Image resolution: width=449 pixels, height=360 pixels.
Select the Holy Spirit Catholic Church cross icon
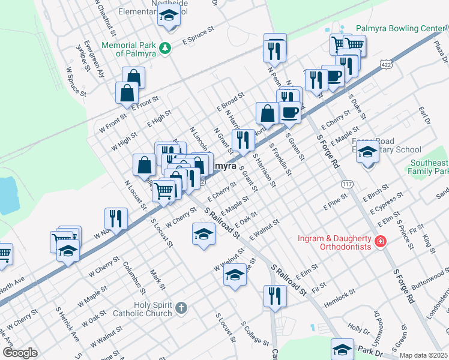pyautogui.click(x=182, y=308)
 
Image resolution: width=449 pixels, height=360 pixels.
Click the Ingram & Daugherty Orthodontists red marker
pyautogui.click(x=379, y=242)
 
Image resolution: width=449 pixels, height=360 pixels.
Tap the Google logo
pyautogui.click(x=20, y=353)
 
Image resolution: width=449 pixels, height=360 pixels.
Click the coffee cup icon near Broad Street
pyautogui.click(x=290, y=112)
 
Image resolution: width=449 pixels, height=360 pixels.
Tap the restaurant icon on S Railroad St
pyautogui.click(x=275, y=295)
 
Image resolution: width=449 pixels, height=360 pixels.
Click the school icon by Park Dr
pyautogui.click(x=342, y=349)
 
